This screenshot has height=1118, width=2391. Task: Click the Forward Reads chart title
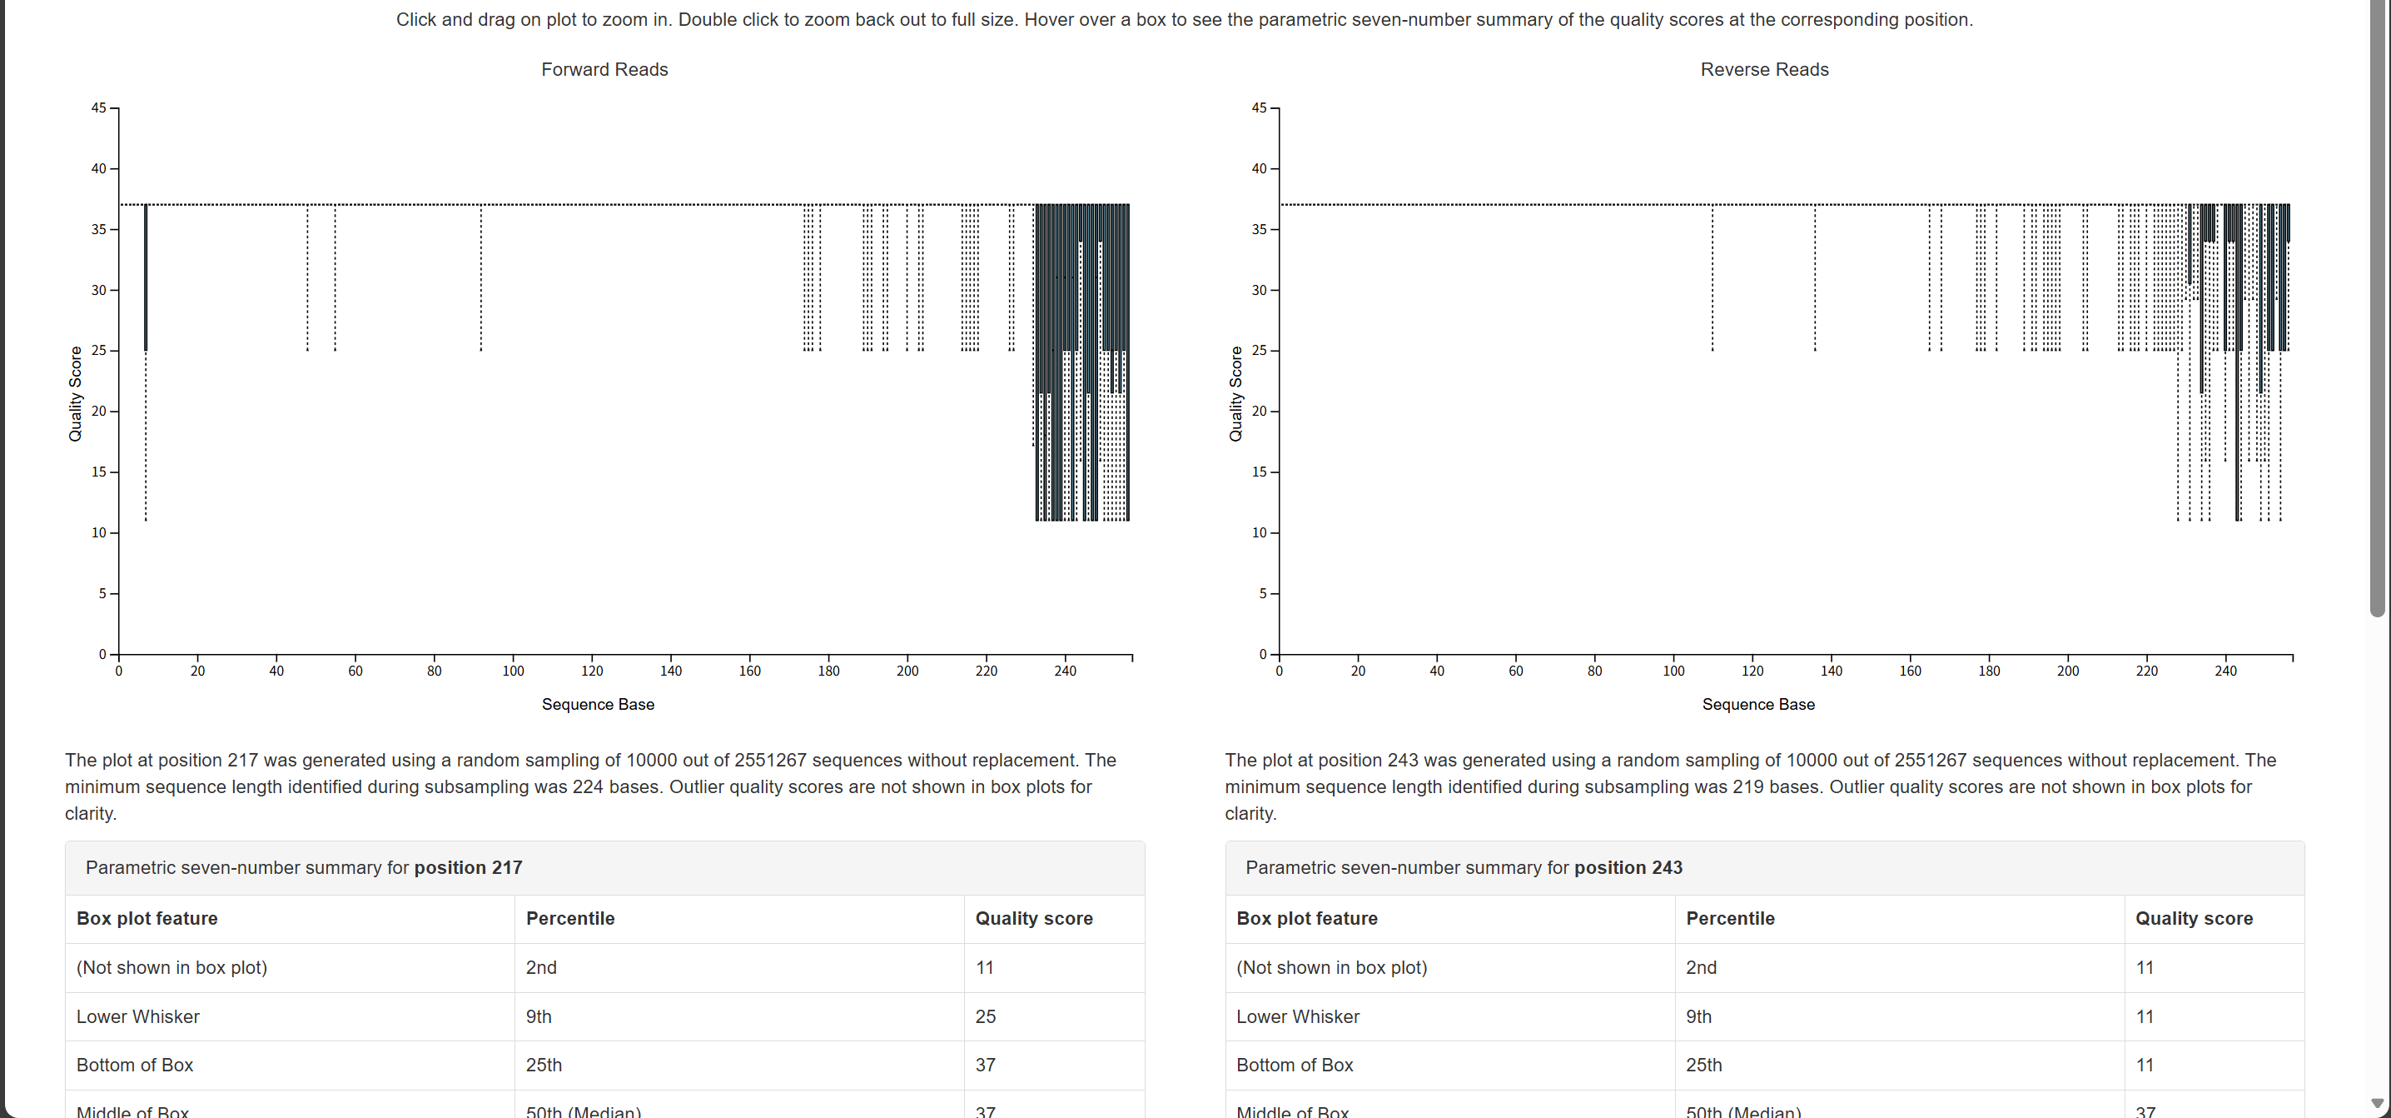coord(604,70)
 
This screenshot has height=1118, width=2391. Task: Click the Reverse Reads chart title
coord(1763,70)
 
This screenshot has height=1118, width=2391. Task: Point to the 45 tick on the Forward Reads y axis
coord(98,107)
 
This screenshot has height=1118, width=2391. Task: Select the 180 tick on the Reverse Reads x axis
coord(1989,671)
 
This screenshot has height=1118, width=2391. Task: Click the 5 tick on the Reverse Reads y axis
coord(1262,593)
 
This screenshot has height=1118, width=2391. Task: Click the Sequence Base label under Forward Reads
coord(598,704)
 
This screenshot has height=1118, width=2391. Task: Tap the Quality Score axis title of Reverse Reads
coord(1235,394)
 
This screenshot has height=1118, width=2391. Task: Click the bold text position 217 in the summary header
coord(468,867)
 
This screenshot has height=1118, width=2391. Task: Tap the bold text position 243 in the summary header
coord(1628,867)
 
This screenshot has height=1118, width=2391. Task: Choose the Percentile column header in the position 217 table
coord(570,918)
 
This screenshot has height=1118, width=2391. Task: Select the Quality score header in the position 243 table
coord(2194,918)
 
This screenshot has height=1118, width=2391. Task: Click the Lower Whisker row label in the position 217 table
coord(137,1017)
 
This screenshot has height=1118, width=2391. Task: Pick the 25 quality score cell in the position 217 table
coord(985,1017)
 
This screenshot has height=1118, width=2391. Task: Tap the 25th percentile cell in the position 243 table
coord(1703,1065)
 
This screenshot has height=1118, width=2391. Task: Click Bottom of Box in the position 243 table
coord(1294,1065)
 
